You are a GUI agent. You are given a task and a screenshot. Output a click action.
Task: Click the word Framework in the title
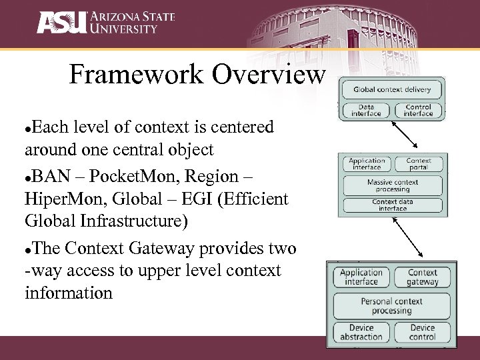click(137, 75)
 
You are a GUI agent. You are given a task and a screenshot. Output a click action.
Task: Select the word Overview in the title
click(269, 75)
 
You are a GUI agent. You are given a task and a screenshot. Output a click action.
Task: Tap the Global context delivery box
click(392, 89)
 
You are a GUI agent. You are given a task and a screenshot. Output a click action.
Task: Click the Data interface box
click(366, 110)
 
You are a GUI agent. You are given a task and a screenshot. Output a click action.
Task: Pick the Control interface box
click(418, 110)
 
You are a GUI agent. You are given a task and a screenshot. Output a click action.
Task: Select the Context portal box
click(419, 164)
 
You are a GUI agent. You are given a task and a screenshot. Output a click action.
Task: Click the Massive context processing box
click(393, 185)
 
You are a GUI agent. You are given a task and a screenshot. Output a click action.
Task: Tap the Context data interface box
click(393, 205)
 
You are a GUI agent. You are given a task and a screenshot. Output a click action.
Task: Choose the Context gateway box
click(423, 277)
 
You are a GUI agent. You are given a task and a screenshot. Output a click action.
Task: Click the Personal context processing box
click(391, 305)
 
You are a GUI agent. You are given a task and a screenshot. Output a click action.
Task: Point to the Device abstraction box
click(361, 332)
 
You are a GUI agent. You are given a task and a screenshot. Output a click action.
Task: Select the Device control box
click(423, 332)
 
